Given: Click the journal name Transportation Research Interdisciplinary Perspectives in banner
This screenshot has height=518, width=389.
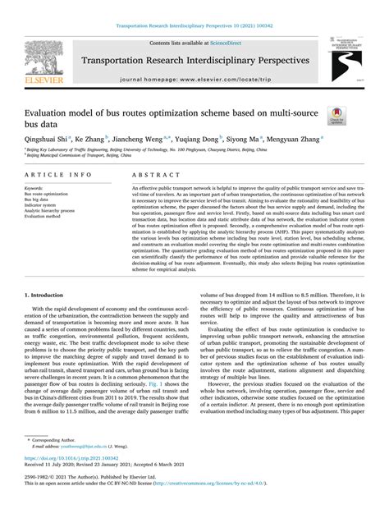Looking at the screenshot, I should click(194, 61).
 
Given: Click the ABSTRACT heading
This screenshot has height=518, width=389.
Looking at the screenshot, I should click(152, 176).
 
